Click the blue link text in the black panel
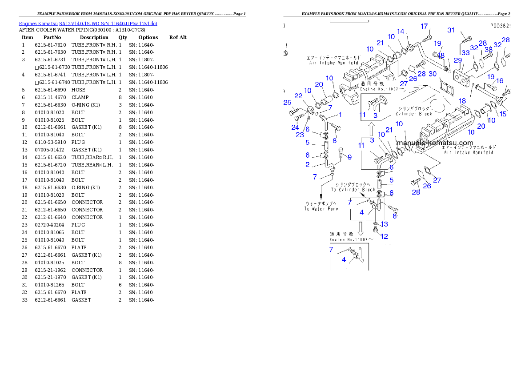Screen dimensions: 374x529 pos(88,24)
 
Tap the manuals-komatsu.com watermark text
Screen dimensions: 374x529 pos(435,143)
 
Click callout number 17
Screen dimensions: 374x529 pos(424,27)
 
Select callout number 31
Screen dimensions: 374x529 pos(451,30)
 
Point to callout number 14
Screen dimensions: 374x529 pos(401,32)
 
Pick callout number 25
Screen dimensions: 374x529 pos(287,103)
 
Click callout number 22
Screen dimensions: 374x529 pos(298,96)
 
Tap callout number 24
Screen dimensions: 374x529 pos(295,127)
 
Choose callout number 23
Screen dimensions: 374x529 pos(300,135)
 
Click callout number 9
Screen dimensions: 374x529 pos(349,157)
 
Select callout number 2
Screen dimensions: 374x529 pos(308,165)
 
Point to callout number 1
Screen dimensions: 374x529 pos(340,114)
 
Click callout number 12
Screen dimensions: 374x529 pos(385,236)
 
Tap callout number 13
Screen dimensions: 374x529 pos(385,224)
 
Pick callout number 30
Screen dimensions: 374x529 pos(433,74)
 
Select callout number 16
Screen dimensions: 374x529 pos(500,81)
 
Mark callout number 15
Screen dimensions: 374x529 pos(502,114)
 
